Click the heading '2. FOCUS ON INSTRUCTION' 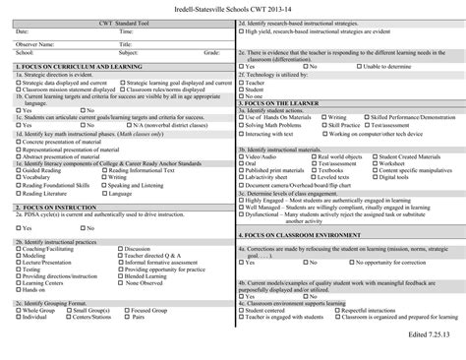(x=55, y=209)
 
